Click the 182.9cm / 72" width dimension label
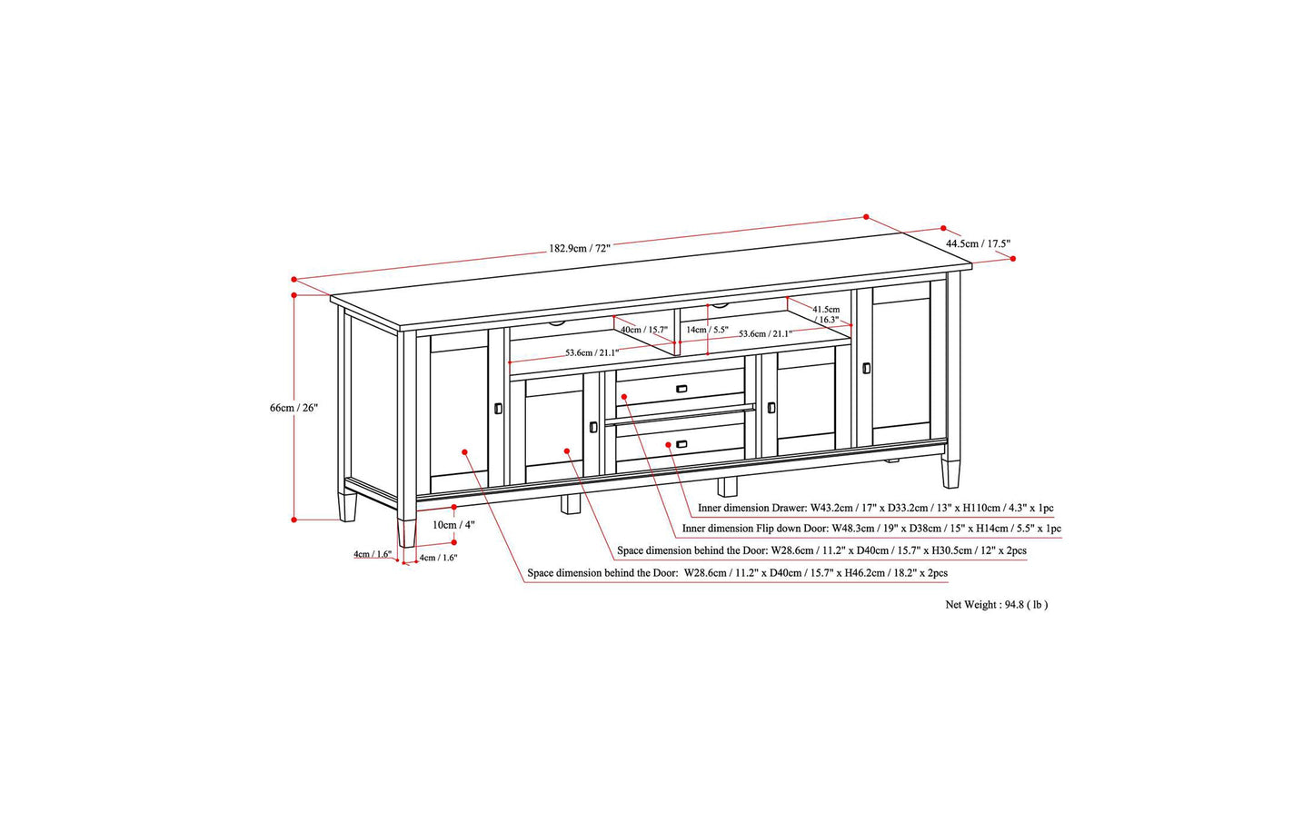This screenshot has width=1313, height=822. click(579, 248)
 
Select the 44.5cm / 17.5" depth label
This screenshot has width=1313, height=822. click(979, 243)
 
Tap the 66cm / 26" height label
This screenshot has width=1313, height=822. click(293, 408)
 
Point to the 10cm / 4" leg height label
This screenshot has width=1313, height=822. click(453, 525)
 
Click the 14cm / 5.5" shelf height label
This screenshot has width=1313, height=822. click(708, 330)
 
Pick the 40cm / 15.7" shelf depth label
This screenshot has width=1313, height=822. click(644, 330)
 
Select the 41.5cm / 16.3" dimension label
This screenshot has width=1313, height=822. click(826, 314)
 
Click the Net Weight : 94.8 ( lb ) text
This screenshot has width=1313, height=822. click(997, 605)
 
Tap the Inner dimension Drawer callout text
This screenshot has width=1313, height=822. click(875, 508)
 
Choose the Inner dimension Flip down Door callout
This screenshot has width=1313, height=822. click(871, 529)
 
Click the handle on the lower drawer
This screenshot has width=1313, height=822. click(681, 444)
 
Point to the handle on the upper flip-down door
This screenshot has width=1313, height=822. click(681, 389)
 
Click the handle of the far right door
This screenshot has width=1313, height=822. click(866, 368)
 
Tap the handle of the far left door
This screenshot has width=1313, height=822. click(498, 408)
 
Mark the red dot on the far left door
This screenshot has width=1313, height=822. click(464, 451)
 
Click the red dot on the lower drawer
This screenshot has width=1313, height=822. click(669, 445)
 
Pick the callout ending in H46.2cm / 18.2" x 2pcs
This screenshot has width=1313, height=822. click(738, 573)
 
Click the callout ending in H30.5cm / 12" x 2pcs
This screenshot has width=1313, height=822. click(821, 550)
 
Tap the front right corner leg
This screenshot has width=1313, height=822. click(950, 473)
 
